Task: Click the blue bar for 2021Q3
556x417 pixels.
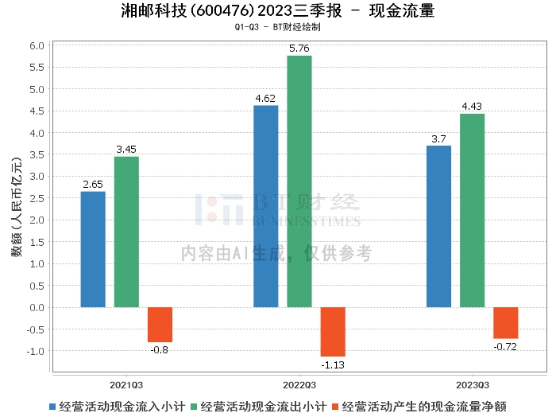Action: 93,249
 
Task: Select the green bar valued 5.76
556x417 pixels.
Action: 299,181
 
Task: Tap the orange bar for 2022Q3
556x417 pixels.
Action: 333,332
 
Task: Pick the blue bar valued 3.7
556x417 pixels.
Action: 438,226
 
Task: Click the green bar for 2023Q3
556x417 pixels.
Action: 472,210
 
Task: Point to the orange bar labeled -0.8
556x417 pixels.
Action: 160,325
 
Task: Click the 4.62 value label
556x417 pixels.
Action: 265,99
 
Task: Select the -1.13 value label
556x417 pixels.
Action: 333,364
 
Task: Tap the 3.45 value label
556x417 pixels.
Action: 126,150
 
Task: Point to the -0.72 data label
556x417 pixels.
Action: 505,346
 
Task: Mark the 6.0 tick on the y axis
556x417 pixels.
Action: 37,45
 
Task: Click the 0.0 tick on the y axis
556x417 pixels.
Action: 37,307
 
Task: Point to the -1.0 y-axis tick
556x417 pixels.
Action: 35,351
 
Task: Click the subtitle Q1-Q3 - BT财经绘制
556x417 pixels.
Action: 278,27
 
